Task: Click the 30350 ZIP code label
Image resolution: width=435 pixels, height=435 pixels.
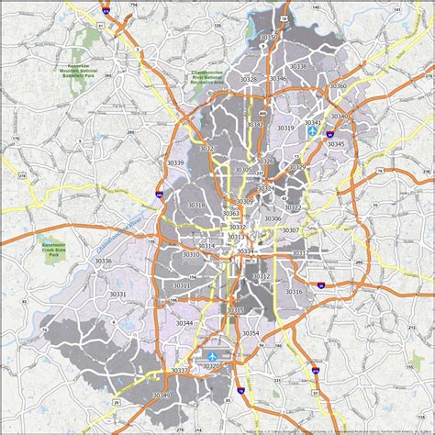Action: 269,37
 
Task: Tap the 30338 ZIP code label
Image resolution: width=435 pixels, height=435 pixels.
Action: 298,66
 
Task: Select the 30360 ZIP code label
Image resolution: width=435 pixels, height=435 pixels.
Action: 338,86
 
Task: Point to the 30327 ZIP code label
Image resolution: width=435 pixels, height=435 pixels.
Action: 207,148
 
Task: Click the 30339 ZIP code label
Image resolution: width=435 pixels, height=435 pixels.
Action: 174,162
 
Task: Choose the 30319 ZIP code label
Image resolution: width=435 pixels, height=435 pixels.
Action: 285,128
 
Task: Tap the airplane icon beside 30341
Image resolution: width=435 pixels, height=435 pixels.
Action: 314,131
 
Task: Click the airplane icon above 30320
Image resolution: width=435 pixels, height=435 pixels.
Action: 213,355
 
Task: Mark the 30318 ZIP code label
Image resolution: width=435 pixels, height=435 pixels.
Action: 195,205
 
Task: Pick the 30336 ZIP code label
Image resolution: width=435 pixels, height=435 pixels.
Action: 103,261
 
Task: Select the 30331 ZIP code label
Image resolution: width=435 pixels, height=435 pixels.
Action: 117,295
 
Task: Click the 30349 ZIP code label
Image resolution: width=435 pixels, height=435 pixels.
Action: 162,395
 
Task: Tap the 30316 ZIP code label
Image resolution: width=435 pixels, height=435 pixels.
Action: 294,292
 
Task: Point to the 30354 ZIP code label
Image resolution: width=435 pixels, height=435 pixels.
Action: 251,333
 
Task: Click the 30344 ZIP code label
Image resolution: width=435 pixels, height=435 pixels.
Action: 185,323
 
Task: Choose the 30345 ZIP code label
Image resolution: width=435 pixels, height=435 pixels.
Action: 336,144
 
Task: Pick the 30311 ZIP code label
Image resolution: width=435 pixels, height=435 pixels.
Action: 182,285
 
